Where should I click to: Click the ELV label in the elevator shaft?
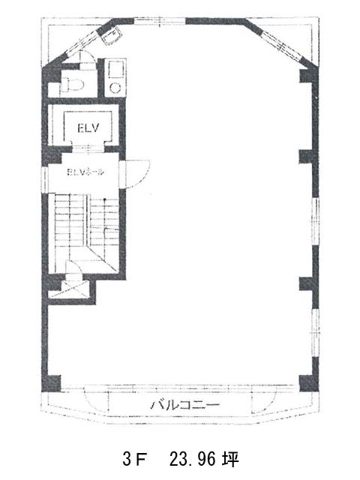click(88, 127)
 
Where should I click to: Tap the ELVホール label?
click(85, 172)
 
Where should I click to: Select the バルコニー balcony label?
click(184, 405)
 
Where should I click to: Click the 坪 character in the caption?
click(230, 459)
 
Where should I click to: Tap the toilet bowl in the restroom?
click(73, 84)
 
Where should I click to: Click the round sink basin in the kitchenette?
click(115, 88)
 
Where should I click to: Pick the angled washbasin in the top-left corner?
click(112, 36)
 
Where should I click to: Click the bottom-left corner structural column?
click(51, 383)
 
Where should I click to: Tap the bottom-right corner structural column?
click(308, 383)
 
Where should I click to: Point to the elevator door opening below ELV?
click(88, 149)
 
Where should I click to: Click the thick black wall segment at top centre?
click(216, 21)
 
